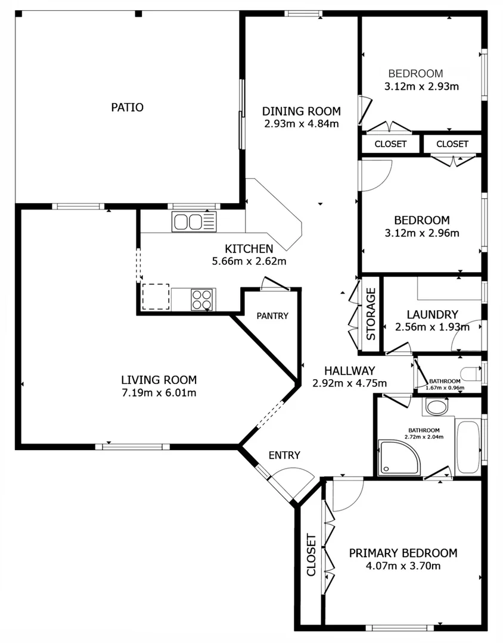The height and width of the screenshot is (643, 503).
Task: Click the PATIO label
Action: point(127,108)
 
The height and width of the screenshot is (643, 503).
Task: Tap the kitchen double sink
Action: point(194,222)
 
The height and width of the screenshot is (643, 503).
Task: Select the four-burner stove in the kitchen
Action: point(203,299)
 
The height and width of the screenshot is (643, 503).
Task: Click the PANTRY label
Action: point(272,316)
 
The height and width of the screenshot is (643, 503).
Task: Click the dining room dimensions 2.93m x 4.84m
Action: point(302,124)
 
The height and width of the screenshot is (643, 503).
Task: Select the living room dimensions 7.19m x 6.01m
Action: point(159,392)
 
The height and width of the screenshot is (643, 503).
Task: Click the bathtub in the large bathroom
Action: point(467,446)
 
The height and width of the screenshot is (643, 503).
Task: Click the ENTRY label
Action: point(284,455)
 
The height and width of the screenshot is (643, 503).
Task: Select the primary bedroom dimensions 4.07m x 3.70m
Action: point(403,566)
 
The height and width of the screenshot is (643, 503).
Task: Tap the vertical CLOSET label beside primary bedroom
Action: point(311,555)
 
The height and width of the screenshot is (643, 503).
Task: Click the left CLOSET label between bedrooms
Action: point(390,144)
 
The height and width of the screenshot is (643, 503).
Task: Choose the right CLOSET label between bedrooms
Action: point(452,144)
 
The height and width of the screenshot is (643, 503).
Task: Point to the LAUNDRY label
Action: point(432,314)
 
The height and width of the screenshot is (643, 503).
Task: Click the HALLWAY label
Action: point(350,370)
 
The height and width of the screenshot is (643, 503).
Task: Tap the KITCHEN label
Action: point(249,249)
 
